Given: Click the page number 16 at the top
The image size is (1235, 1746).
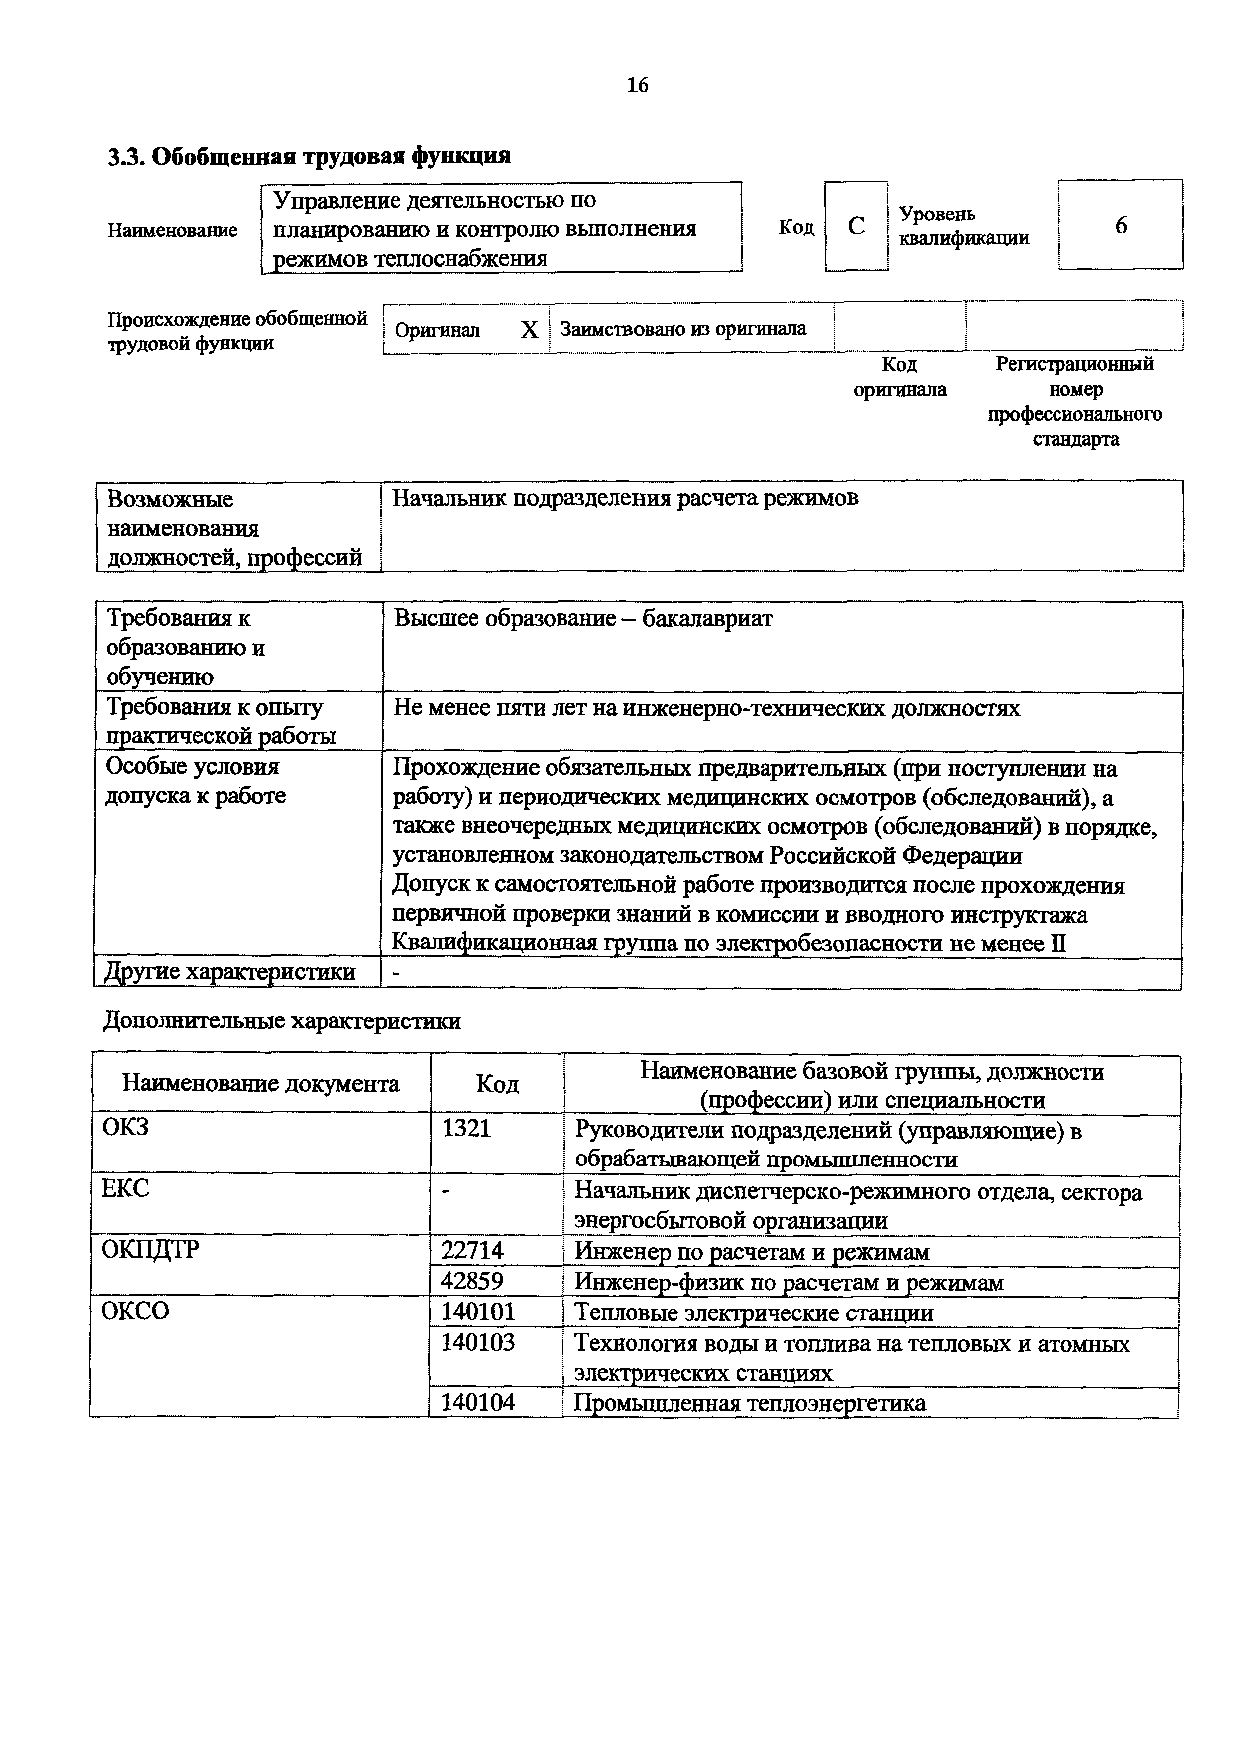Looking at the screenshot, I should (x=637, y=85).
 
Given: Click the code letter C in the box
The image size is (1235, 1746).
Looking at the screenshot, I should (x=856, y=226).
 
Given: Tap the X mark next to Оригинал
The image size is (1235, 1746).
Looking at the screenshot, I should (x=529, y=329).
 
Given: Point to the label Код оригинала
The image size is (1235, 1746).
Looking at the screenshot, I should (x=899, y=377).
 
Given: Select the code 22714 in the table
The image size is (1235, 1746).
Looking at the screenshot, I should (x=472, y=1251).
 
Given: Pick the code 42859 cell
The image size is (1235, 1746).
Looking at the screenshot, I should (x=472, y=1281).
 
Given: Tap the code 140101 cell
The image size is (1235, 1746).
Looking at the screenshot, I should (x=477, y=1312).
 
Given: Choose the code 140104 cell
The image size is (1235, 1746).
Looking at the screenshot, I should (x=477, y=1402).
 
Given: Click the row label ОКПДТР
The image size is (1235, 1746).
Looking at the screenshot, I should (x=150, y=1250).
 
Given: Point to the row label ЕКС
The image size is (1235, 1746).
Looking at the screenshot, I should (x=125, y=1188).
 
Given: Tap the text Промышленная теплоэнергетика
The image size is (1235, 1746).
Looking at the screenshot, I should (x=750, y=1403).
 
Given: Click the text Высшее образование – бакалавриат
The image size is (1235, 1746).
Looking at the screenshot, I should (x=582, y=619).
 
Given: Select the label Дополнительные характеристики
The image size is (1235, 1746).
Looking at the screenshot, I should (x=281, y=1021).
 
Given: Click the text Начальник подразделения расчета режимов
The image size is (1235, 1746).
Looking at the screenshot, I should (x=625, y=499).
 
